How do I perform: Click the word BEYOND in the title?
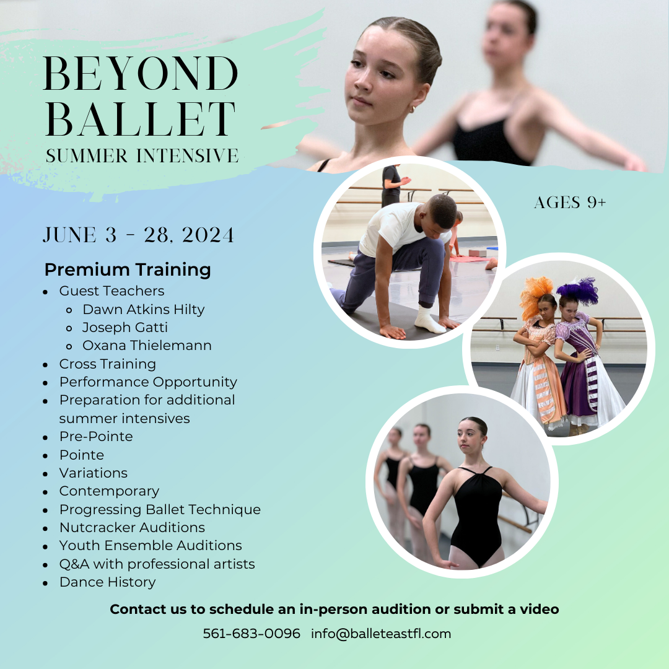tap(141, 75)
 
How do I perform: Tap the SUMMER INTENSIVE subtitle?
tap(142, 155)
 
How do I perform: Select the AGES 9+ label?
tap(570, 203)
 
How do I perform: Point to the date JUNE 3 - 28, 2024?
tap(139, 235)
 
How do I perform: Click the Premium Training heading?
tap(128, 270)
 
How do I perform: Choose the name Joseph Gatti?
tap(125, 327)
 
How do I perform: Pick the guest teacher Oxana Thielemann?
tap(147, 346)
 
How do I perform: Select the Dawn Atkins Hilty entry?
tap(143, 309)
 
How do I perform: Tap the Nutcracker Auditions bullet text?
tap(132, 528)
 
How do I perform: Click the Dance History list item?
tap(107, 582)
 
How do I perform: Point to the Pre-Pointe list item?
tap(96, 437)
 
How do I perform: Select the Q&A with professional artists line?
tap(157, 564)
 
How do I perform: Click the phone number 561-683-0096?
tap(251, 634)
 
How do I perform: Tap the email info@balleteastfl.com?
tap(381, 634)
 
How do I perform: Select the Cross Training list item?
tap(107, 364)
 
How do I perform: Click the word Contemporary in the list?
tap(109, 491)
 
